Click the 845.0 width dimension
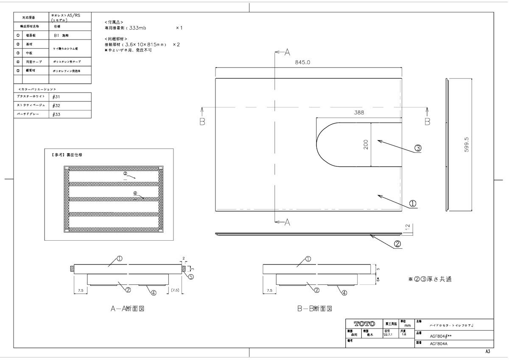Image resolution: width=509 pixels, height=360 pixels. [x=303, y=62]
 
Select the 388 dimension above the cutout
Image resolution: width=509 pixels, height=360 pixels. [x=359, y=113]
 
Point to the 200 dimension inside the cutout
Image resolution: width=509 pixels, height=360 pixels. [x=366, y=145]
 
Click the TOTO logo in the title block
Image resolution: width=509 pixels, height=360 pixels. [x=364, y=324]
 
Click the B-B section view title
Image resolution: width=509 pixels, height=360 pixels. [x=314, y=309]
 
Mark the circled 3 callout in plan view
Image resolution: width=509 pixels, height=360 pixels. [x=418, y=148]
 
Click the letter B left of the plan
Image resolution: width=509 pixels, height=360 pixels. [x=203, y=121]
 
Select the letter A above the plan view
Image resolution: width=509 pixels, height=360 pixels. [x=287, y=52]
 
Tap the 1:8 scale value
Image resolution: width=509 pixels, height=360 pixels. [x=404, y=335]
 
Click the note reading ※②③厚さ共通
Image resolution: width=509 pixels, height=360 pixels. [x=430, y=279]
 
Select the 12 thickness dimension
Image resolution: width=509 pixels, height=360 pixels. [x=407, y=228]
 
